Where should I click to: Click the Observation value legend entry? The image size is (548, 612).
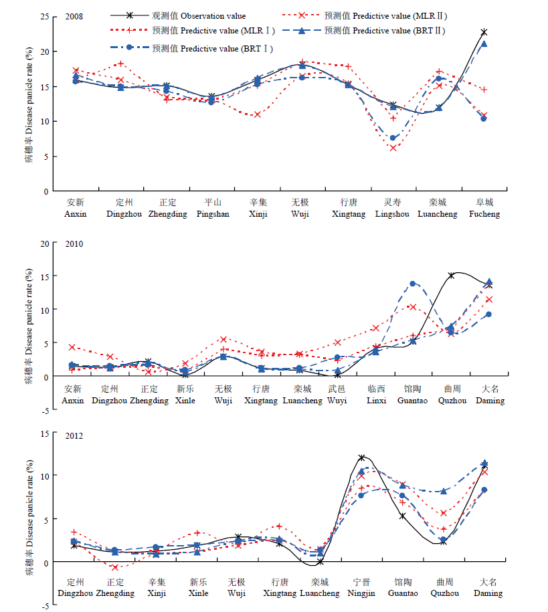pos(178,15)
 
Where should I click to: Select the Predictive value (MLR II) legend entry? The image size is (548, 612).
pos(365,15)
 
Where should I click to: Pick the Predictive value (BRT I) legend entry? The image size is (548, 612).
pos(192,48)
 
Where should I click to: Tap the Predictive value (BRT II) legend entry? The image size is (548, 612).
pos(363,31)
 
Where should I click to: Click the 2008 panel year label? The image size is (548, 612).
pos(74,17)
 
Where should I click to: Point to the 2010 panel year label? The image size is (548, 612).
pos(74,244)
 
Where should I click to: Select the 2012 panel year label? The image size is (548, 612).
pos(74,435)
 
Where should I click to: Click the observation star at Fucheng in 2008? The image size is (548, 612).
pos(484,32)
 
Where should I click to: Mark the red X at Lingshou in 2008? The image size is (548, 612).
pos(393,148)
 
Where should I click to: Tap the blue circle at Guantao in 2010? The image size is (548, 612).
pos(412,284)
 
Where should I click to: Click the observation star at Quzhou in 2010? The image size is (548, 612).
pos(451,276)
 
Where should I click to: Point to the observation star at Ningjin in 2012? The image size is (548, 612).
pos(362,457)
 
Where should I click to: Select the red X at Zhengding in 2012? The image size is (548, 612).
pos(115,567)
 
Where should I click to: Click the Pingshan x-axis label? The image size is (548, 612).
pos(213,208)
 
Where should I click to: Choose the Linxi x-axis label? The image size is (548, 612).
pos(377,395)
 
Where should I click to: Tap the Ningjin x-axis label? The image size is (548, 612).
pos(361,588)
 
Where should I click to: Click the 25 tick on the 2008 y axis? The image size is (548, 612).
pos(45,17)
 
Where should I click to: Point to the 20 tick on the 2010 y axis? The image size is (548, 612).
pos(45,244)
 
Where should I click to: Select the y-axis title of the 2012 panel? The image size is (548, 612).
pos(29,518)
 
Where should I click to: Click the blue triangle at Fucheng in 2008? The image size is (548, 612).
pos(484,43)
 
